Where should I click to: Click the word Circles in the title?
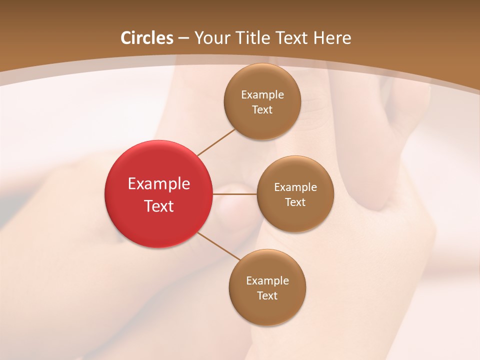[146, 38]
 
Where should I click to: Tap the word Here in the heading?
[332, 38]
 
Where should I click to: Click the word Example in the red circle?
[159, 184]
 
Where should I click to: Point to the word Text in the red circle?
[159, 206]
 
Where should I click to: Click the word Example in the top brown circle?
[262, 95]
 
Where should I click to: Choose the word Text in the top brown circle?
[262, 110]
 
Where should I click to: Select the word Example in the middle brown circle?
[295, 187]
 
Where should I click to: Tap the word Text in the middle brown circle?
[295, 202]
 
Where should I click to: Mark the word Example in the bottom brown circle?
[267, 281]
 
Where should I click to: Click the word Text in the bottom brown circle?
[267, 296]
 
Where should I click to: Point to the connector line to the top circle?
[216, 142]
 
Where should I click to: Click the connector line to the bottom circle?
[219, 246]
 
